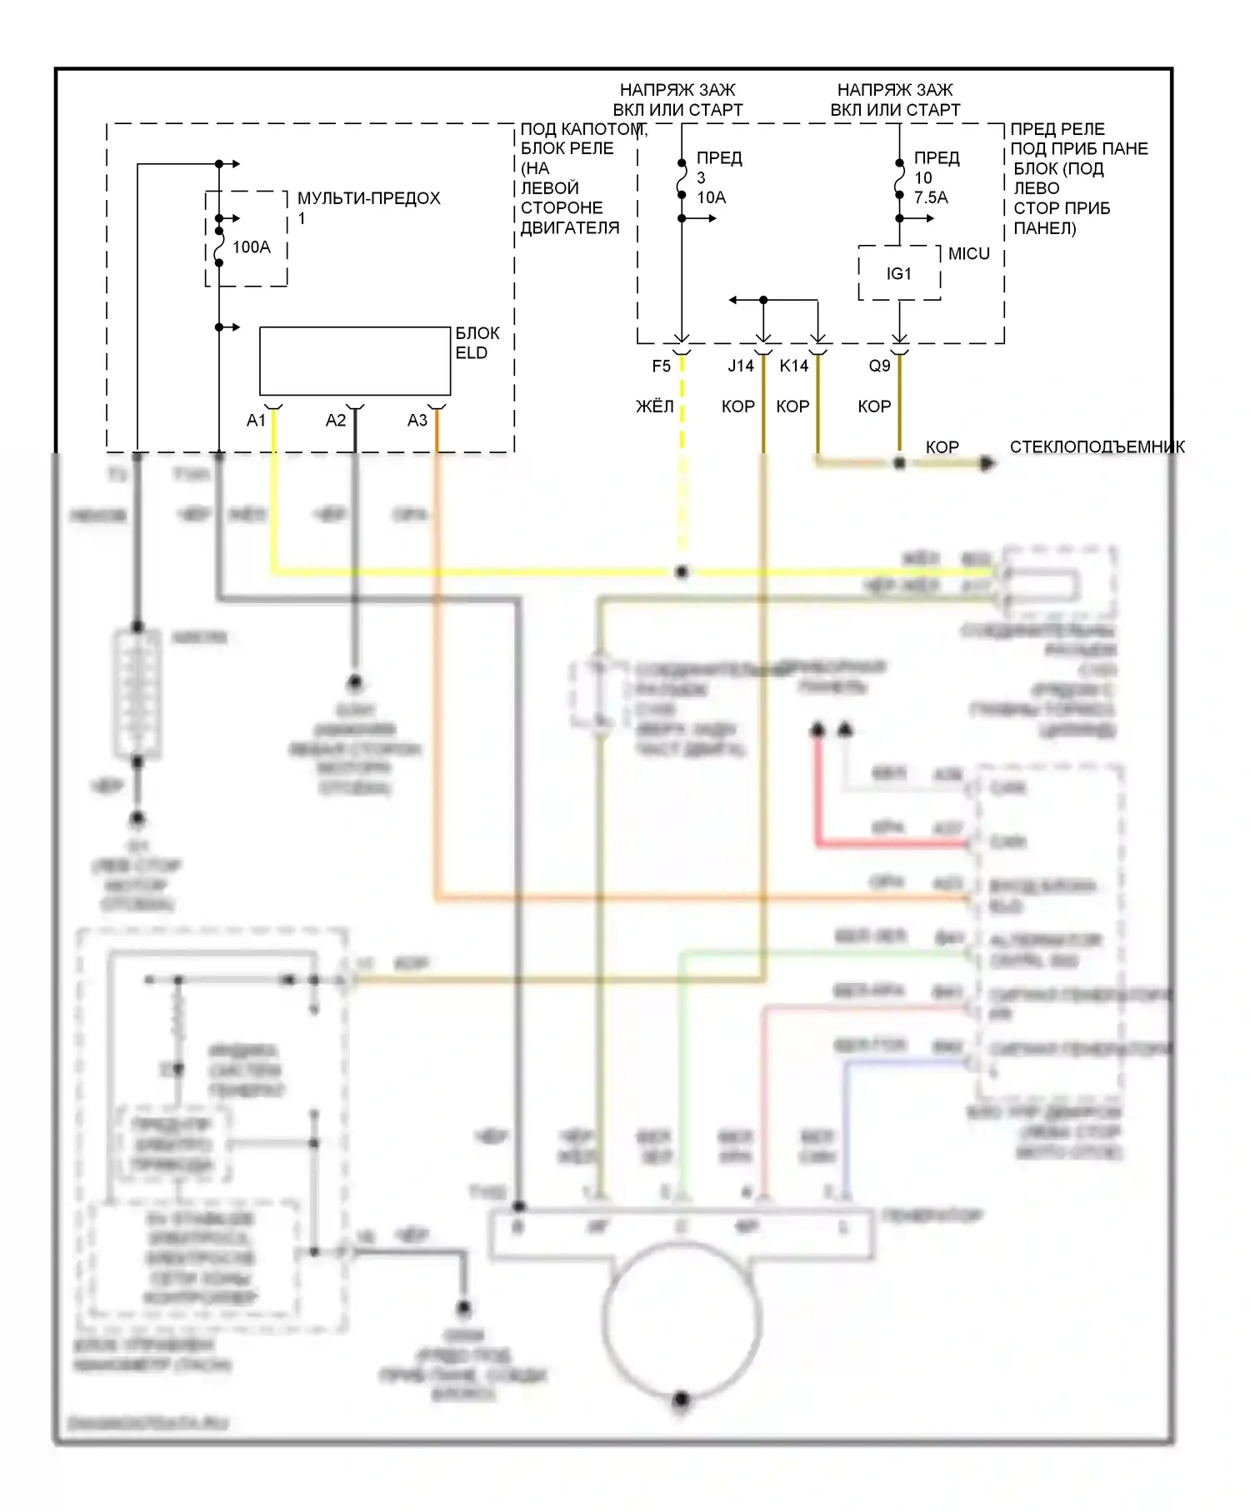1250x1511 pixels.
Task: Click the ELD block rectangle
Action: (355, 361)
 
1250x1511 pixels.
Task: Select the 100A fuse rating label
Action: (251, 247)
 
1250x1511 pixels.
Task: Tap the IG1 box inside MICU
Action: (899, 273)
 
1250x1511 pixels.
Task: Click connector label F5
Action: (661, 366)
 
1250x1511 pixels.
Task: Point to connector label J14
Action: (740, 366)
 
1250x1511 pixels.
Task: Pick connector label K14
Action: (793, 366)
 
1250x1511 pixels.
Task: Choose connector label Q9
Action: (879, 366)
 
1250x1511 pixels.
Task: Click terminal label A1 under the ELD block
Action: (256, 421)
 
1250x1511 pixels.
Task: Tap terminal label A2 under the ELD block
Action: (335, 421)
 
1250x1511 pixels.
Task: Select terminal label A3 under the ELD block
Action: (417, 421)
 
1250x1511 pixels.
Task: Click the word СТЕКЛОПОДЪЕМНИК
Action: (1097, 447)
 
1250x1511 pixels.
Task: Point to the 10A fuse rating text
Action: (711, 197)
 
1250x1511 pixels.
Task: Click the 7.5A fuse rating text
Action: (931, 197)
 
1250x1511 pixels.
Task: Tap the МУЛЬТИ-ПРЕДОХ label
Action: (368, 198)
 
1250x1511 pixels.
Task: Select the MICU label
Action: (968, 254)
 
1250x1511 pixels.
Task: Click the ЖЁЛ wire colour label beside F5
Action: (654, 406)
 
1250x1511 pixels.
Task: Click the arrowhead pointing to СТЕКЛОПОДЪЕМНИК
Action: (988, 463)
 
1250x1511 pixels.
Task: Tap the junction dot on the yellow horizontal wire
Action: (682, 572)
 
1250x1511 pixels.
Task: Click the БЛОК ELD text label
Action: (477, 342)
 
